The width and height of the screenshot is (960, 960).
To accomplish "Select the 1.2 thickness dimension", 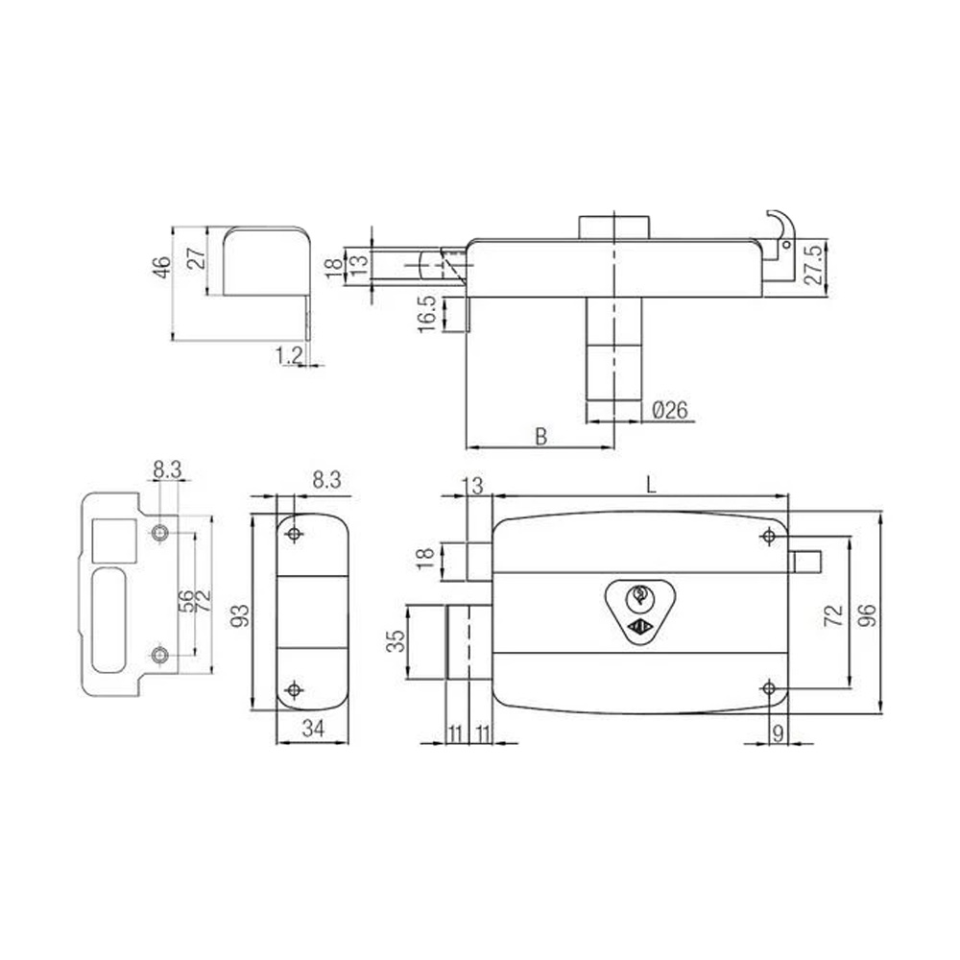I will [289, 355].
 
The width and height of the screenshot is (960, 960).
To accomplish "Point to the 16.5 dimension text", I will [427, 314].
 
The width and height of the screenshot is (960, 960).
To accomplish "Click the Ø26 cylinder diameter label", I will [669, 410].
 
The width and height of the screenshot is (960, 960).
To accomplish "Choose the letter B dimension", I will [540, 437].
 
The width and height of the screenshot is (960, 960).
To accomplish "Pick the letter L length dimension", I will [650, 486].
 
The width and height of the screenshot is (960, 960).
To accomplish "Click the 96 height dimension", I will [868, 612].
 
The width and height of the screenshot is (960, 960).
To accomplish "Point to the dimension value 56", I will [185, 601].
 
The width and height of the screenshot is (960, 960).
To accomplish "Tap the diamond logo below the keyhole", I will [636, 629].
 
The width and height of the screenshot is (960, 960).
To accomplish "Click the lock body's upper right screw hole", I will [768, 535].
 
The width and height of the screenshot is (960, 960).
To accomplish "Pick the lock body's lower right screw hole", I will [768, 687].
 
